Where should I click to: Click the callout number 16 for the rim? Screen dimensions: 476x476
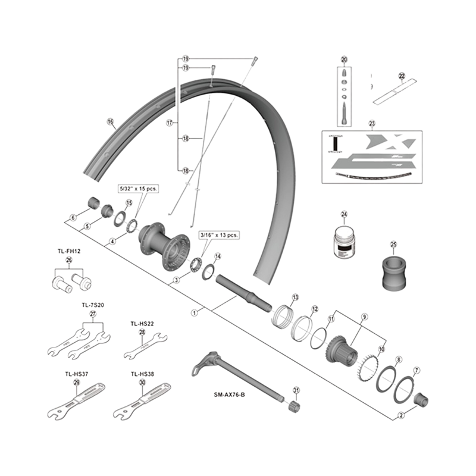tap(110, 124)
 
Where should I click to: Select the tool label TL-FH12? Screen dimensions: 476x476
tap(68, 252)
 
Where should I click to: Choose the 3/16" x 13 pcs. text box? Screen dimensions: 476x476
tap(219, 236)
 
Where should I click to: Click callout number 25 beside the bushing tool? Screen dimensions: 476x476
tap(393, 245)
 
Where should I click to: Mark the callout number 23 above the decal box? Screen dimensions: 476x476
tap(372, 124)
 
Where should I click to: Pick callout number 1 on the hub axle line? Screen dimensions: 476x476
tap(194, 311)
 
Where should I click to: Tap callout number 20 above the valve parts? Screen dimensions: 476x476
tap(344, 59)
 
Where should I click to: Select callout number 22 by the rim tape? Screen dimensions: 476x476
tap(401, 76)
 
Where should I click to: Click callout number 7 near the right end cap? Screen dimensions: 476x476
tap(416, 370)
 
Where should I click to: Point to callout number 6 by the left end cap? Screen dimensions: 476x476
tap(73, 218)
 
